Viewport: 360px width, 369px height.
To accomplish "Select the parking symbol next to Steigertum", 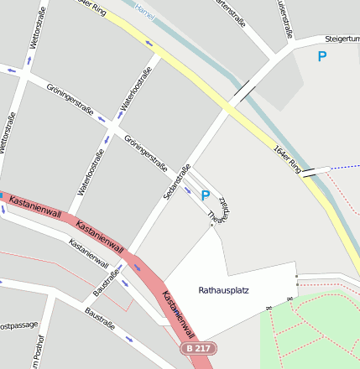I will click(x=321, y=57).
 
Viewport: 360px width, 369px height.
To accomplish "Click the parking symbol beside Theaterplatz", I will click(x=205, y=195).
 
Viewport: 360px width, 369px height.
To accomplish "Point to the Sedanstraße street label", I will click(x=177, y=181).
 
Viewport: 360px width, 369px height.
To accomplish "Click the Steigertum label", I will click(x=342, y=39).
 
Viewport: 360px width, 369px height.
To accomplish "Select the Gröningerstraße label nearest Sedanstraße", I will click(x=145, y=153).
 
